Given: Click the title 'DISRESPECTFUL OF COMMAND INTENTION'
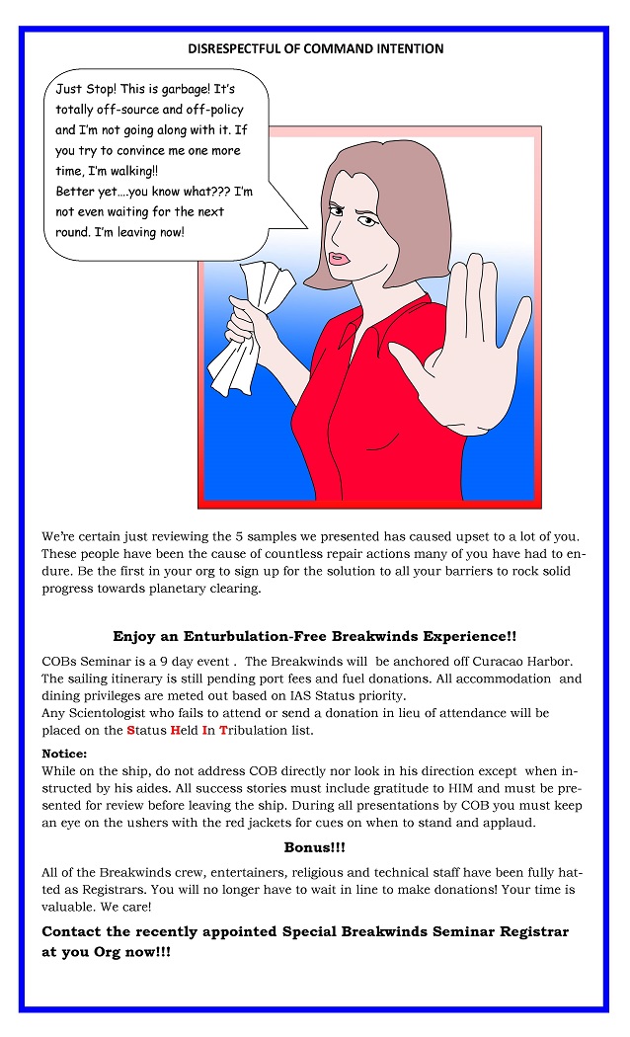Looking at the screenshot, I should [315, 48].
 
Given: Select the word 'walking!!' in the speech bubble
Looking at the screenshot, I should [116, 171].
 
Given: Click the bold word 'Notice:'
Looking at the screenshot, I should [64, 754].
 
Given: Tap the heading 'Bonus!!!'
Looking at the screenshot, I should [315, 847].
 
